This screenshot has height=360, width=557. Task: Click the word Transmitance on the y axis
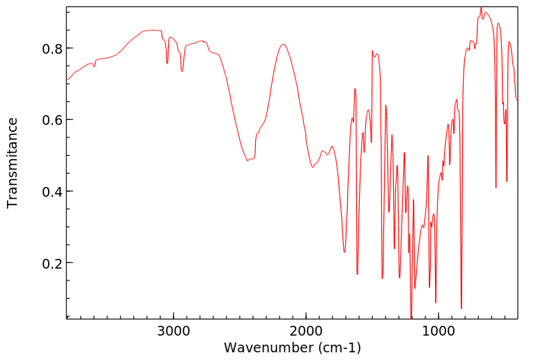coord(13,163)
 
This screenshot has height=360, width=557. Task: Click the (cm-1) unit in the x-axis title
coord(338,347)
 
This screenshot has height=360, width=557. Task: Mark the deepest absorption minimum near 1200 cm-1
coord(411,317)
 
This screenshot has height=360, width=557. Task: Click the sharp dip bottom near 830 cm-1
coord(461,308)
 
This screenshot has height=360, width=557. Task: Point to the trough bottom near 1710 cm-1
coord(344,252)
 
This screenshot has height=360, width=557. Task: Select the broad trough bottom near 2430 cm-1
coord(247,160)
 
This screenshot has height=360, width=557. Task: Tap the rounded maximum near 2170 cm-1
coord(283,45)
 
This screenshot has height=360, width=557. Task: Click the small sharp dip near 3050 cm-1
coord(167,63)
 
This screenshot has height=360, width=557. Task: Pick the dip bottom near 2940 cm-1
coord(182,71)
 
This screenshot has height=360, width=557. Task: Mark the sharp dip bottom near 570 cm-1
coord(496,188)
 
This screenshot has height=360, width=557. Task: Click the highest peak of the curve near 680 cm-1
coord(481,8)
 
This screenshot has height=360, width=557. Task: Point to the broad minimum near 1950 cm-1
coord(312,167)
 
